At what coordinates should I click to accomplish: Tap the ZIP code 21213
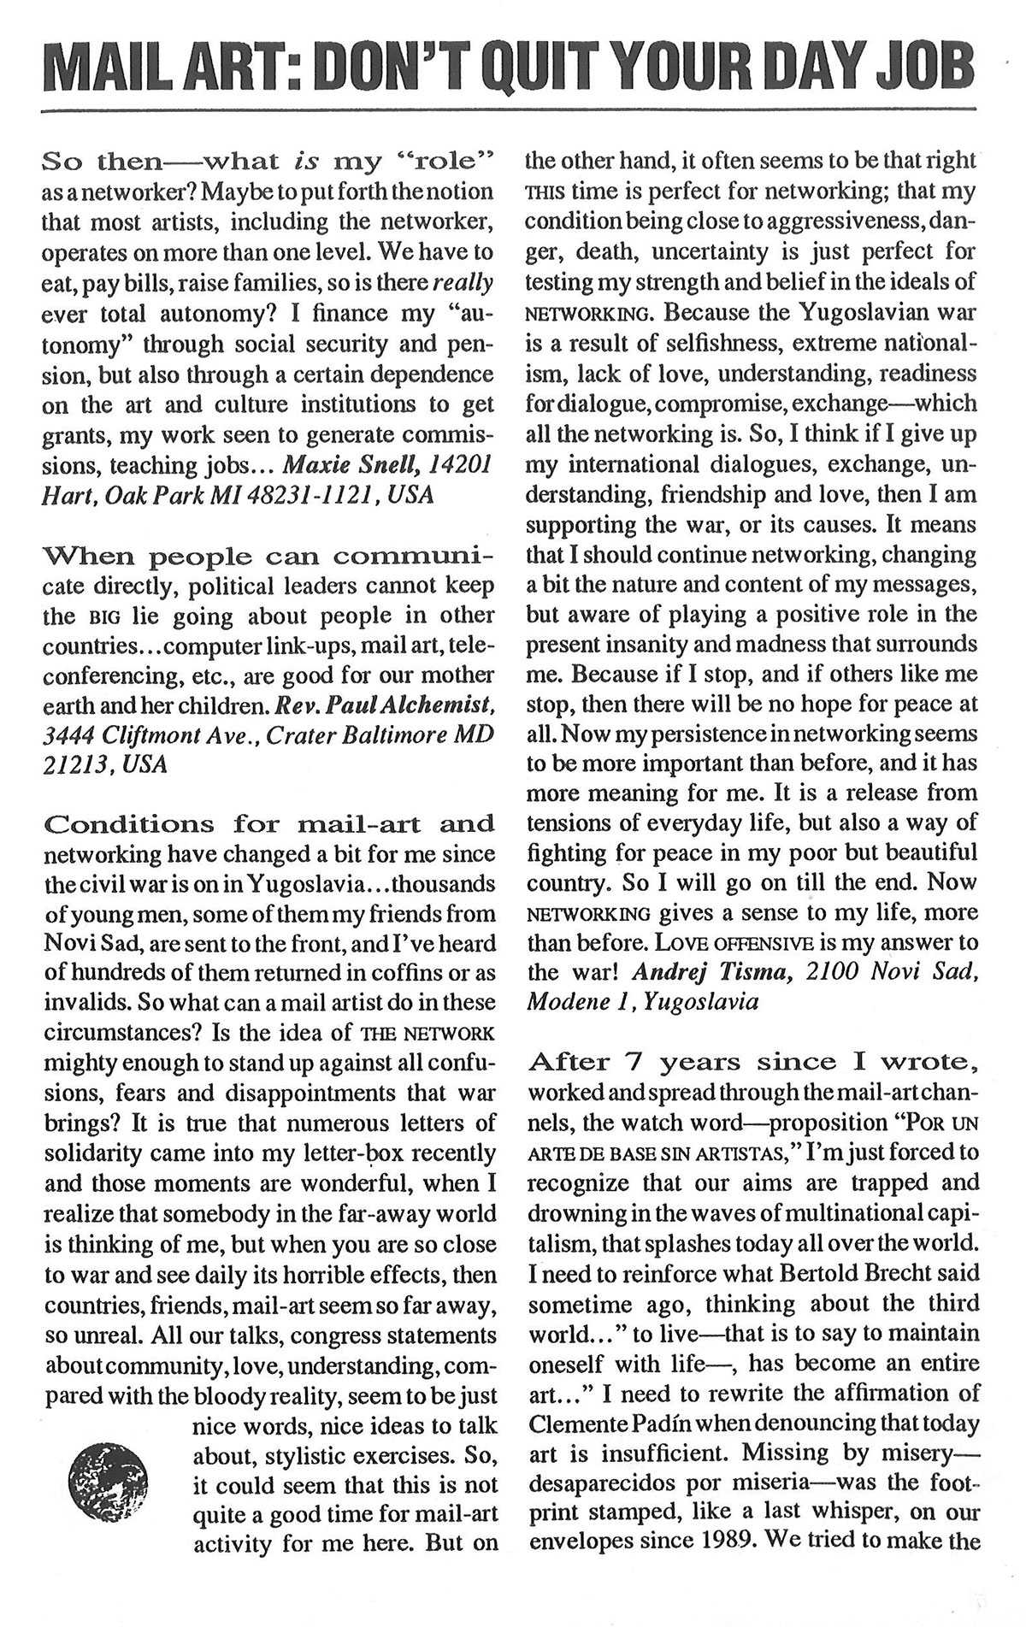coord(75,764)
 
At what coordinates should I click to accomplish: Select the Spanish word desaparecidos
coord(603,1483)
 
